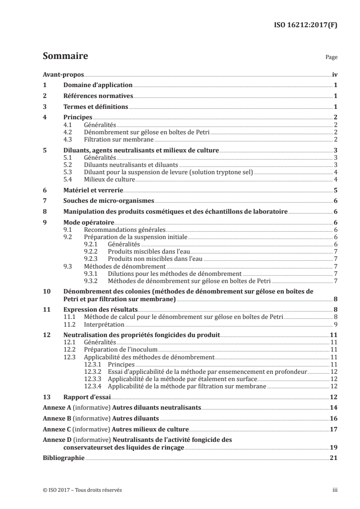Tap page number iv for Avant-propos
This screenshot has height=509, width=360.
point(334,75)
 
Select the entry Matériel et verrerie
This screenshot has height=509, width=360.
point(93,191)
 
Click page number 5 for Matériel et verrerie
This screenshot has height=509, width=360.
point(335,191)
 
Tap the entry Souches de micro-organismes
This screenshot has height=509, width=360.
point(108,202)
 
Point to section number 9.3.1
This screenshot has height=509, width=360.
point(93,274)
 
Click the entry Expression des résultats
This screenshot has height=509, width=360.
point(100,310)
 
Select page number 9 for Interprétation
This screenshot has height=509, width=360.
point(335,324)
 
